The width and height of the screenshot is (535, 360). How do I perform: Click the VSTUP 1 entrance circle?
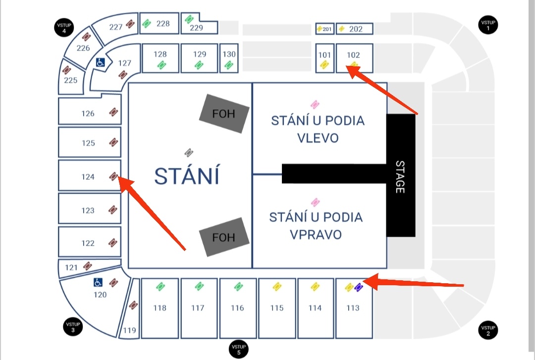click(x=488, y=25)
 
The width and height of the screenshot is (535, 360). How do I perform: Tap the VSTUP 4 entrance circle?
click(x=64, y=28)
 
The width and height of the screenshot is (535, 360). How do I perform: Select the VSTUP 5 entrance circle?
click(x=239, y=349)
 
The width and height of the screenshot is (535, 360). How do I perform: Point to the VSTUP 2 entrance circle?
click(x=488, y=330)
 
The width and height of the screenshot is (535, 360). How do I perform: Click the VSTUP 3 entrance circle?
click(x=73, y=327)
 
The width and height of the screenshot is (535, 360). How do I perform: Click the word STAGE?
click(x=400, y=176)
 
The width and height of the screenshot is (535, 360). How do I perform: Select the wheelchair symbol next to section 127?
click(x=100, y=63)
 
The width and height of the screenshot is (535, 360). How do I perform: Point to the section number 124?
click(x=88, y=176)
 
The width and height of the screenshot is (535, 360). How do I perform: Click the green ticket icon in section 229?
click(x=189, y=19)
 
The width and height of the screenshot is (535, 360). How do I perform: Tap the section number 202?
click(x=356, y=29)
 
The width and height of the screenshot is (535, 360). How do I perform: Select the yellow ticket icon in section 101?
click(x=324, y=64)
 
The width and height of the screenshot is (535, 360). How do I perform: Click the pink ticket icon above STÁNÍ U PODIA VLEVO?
click(x=315, y=104)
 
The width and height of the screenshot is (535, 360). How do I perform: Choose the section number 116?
click(x=237, y=308)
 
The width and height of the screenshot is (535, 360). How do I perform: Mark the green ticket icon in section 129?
click(x=199, y=64)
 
